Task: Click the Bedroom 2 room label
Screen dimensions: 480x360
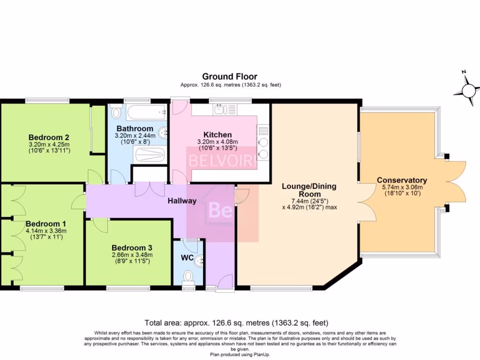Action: (49, 137)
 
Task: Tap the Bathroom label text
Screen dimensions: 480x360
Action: (135, 128)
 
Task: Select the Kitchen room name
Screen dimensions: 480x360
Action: (217, 135)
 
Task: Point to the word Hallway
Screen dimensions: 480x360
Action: (182, 201)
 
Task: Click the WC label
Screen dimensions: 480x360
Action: (187, 258)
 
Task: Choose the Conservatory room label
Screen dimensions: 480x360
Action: (402, 180)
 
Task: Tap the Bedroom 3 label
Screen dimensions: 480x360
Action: (132, 248)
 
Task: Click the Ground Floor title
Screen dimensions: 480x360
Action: (230, 76)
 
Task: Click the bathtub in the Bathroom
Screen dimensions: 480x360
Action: (147, 112)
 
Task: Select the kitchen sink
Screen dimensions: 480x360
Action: (225, 109)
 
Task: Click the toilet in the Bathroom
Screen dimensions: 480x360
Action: (116, 112)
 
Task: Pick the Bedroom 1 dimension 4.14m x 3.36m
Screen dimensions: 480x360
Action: (46, 231)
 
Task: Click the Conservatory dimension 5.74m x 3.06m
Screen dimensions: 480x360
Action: (402, 187)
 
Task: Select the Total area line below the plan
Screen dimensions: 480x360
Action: (236, 322)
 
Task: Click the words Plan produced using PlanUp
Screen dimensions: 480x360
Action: (240, 354)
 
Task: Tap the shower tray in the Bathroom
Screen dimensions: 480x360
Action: (150, 155)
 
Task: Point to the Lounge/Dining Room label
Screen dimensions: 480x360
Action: (309, 190)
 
